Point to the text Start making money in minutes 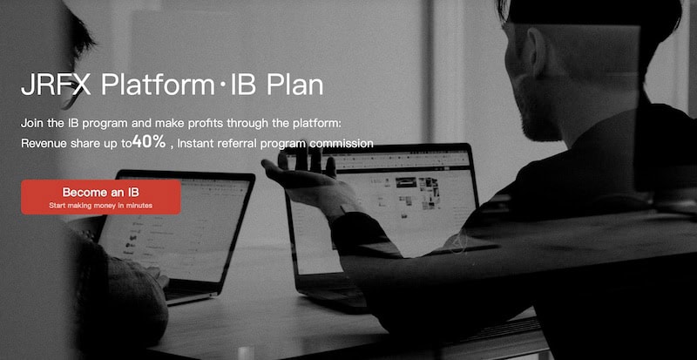pyautogui.click(x=101, y=204)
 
